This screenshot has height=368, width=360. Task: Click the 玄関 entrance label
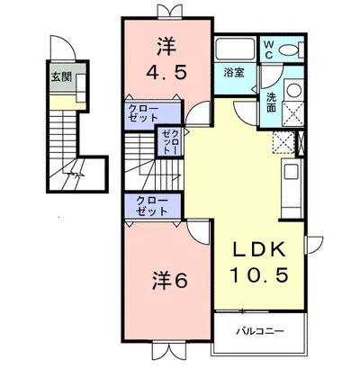(x=61, y=77)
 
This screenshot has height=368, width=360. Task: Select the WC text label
(x=268, y=50)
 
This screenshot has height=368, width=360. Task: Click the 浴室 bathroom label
(x=234, y=73)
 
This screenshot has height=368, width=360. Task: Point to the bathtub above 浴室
(x=235, y=49)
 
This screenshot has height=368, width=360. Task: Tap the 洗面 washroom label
(x=271, y=103)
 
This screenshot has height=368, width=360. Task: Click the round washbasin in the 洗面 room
(x=293, y=89)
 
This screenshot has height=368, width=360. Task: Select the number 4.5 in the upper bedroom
(x=166, y=72)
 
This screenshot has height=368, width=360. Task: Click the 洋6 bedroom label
(x=169, y=281)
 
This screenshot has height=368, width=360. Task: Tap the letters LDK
(x=259, y=249)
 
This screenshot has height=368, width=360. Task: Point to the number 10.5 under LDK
(x=259, y=274)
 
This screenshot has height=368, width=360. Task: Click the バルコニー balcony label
(x=260, y=331)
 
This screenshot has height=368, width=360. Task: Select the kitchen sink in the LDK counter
(x=290, y=172)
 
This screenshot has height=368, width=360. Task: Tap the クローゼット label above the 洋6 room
(x=152, y=206)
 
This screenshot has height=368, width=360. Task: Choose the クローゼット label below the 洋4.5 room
(x=143, y=113)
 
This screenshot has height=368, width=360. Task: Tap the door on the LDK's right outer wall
(x=313, y=245)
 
